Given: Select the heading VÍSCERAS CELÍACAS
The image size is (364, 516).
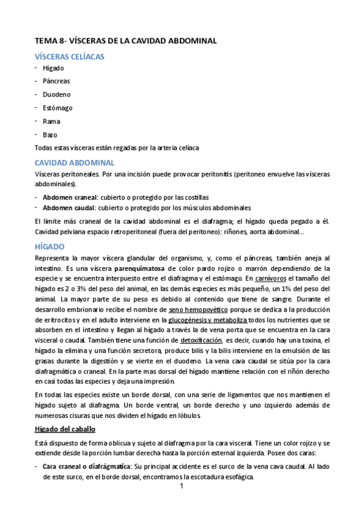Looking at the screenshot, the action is pyautogui.click(x=69, y=57).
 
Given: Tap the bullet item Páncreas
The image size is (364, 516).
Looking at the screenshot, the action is pyautogui.click(x=56, y=81).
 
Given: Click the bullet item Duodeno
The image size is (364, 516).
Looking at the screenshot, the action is pyautogui.click(x=57, y=94).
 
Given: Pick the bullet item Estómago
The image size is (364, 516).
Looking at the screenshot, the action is pyautogui.click(x=58, y=108).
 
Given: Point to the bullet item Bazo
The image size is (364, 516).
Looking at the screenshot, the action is pyautogui.click(x=50, y=134).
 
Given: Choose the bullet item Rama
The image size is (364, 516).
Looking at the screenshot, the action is pyautogui.click(x=51, y=121).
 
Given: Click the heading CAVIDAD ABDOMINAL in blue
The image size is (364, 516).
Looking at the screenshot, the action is pyautogui.click(x=74, y=162).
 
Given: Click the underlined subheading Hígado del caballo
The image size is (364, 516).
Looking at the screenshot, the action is pyautogui.click(x=66, y=429).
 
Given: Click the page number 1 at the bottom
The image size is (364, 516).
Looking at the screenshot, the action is pyautogui.click(x=182, y=487).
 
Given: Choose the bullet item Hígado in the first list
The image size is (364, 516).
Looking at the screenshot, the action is pyautogui.click(x=53, y=68).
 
